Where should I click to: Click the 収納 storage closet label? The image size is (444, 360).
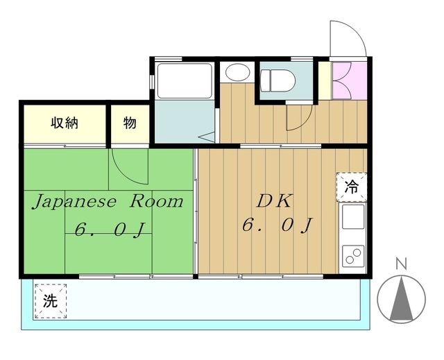pos(65,123)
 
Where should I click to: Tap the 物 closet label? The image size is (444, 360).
pos(130,123)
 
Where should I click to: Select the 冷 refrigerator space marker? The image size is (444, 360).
pos(352,187)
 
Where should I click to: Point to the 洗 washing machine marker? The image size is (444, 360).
pos(51,301)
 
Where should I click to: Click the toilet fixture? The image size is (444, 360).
pos(277,81)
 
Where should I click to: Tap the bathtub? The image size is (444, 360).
pos(185,80)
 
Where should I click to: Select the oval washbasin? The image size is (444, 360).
pos(237,72)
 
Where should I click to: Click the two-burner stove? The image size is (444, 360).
pos(353,256)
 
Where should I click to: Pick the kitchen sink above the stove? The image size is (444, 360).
pos(353,216)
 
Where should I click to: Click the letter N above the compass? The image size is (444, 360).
pos(401,264)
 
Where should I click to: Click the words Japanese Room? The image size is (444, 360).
pos(108,202)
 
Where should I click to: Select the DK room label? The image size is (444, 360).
pos(274,201)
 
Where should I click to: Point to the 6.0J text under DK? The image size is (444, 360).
pos(277,225)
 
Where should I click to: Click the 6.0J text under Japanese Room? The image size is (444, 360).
pos(110,229)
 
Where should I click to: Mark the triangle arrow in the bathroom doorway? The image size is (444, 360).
pos(207,137)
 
